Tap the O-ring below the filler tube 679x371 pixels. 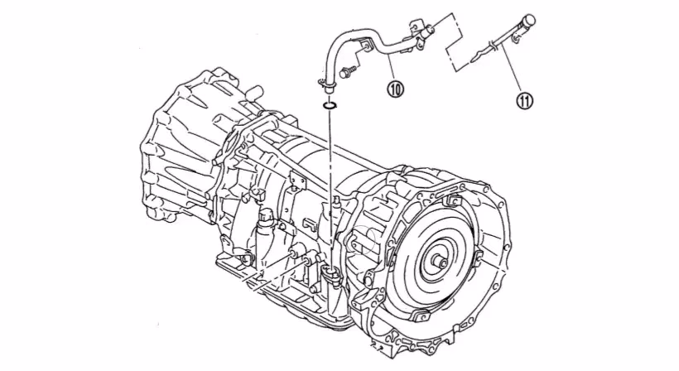[x=329, y=105]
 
